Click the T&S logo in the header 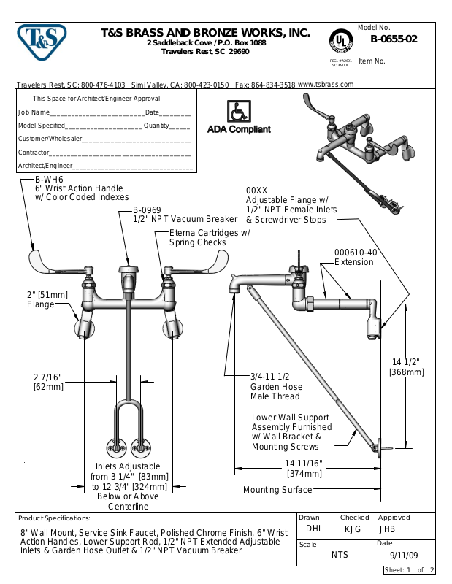41,42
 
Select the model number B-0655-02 394,39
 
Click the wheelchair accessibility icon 237,112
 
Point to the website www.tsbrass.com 326,85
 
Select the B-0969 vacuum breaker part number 147,210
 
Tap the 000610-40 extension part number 356,253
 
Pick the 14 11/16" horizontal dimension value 303,464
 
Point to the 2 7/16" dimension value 47,377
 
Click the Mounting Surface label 277,490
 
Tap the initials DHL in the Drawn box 314,529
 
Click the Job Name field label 34,112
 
